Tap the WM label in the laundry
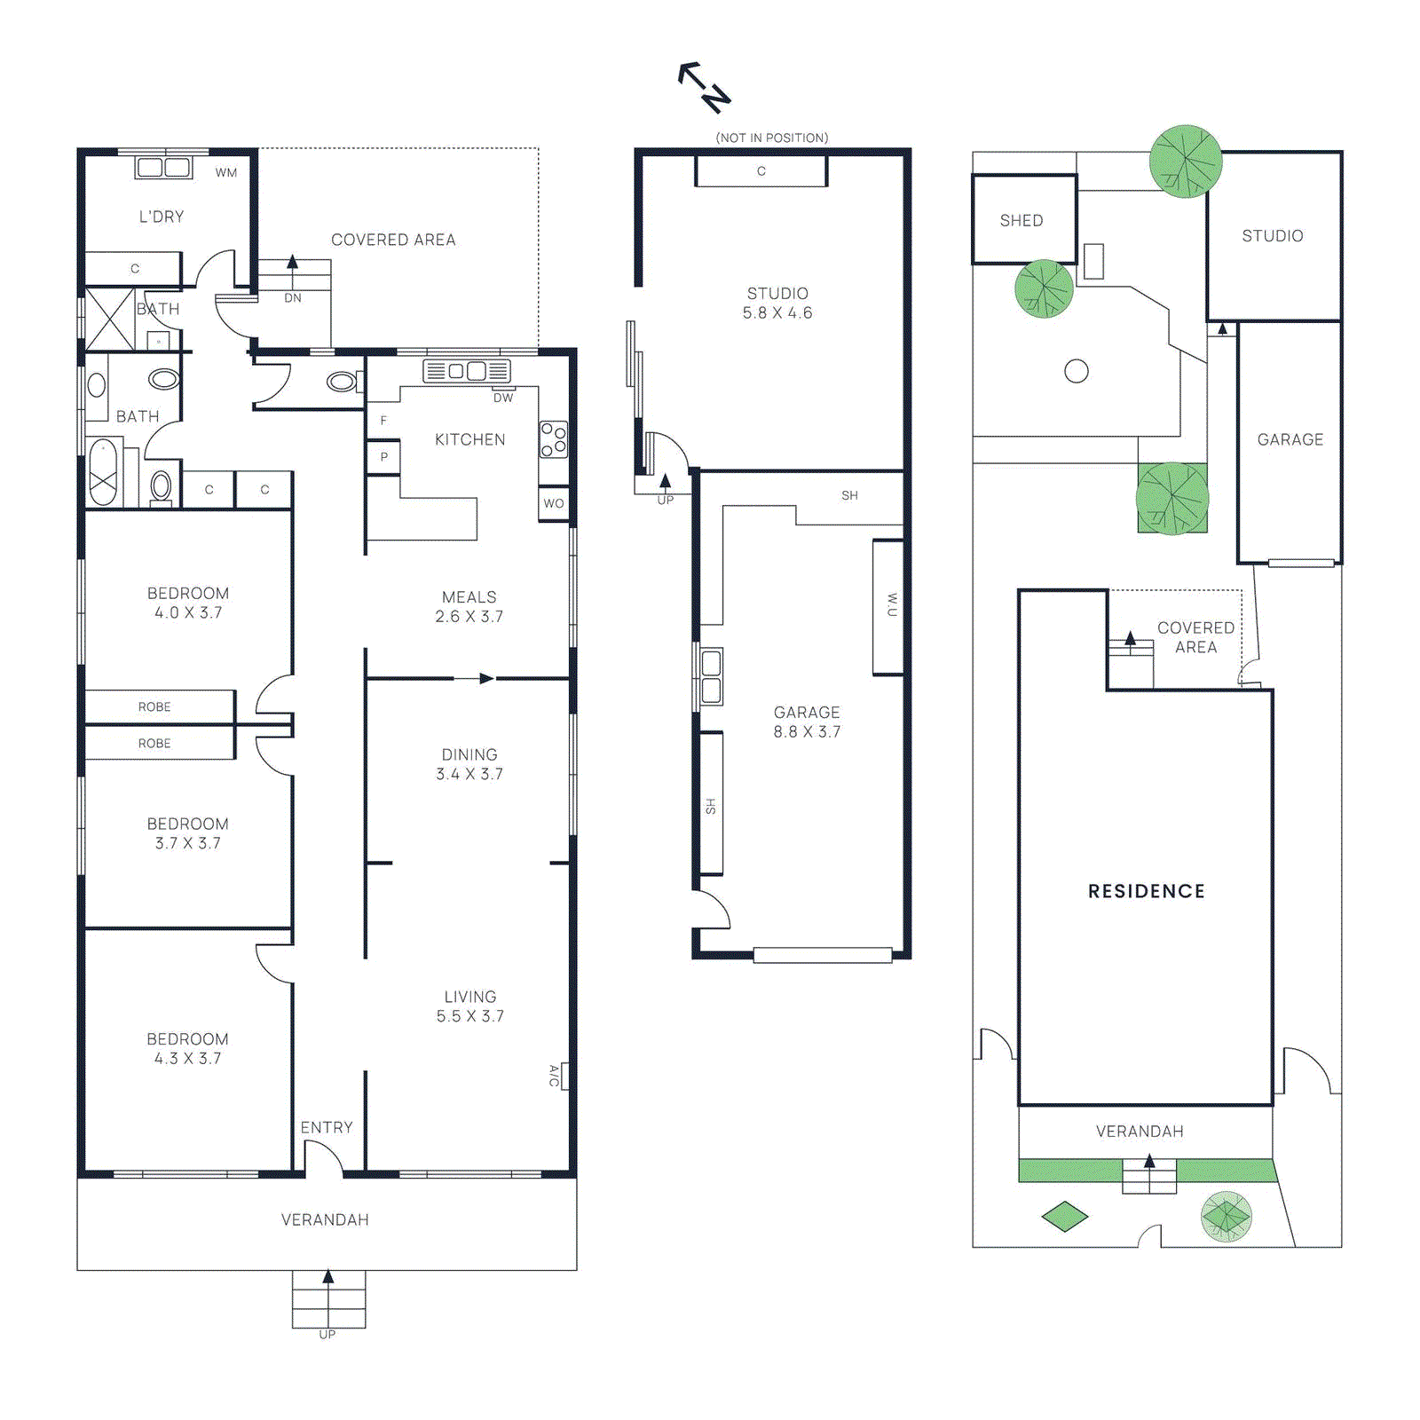click(x=226, y=173)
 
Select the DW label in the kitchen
click(x=503, y=398)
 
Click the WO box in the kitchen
click(x=554, y=503)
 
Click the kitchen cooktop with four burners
click(x=553, y=439)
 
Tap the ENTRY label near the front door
click(x=327, y=1128)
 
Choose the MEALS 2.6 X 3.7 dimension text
click(x=469, y=607)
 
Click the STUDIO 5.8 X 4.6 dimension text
click(x=777, y=304)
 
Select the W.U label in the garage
click(x=889, y=606)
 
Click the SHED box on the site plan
click(x=1023, y=220)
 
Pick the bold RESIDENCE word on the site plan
click(x=1147, y=891)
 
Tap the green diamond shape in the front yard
click(x=1064, y=1216)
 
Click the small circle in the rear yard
click(x=1077, y=371)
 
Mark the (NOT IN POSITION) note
click(x=772, y=138)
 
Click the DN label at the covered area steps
click(x=293, y=298)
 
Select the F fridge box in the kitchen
click(x=383, y=421)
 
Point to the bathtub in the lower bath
click(x=104, y=472)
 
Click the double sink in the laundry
click(x=163, y=168)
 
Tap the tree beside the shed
click(x=1045, y=289)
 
